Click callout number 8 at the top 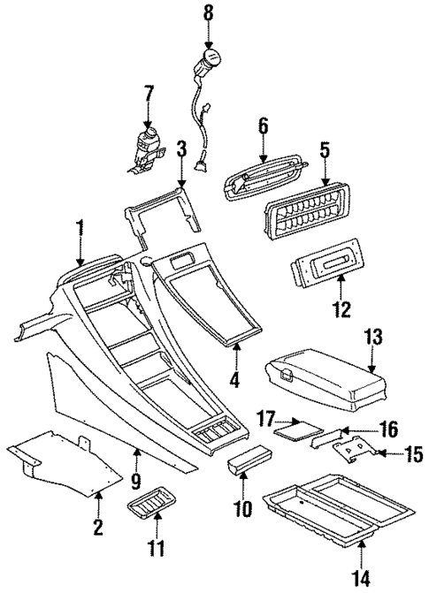point(209,13)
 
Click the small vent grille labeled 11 point(150,508)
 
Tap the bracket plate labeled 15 point(358,450)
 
